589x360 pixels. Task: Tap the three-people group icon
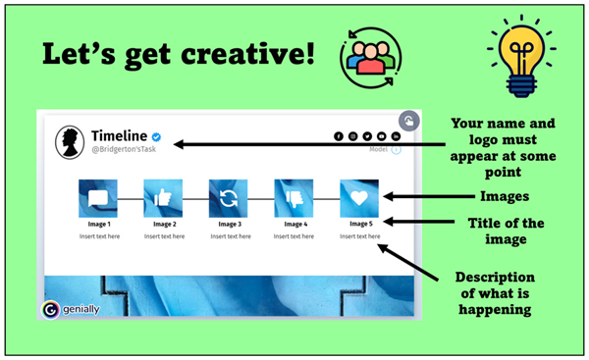(x=371, y=58)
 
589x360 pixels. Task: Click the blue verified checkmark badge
(x=156, y=136)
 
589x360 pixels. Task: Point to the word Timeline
(x=118, y=135)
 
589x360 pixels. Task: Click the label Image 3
(x=228, y=224)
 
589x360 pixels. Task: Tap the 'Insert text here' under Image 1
(x=97, y=235)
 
